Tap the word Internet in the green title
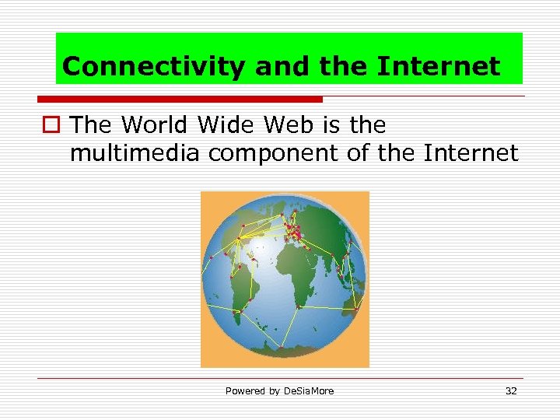[438, 67]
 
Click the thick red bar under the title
[180, 100]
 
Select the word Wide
[227, 124]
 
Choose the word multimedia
[135, 153]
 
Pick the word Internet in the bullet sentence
[471, 153]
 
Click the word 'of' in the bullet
[358, 153]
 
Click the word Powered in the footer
[243, 391]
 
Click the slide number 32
[511, 391]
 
